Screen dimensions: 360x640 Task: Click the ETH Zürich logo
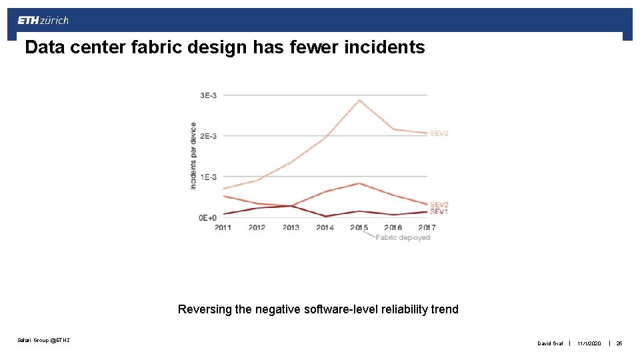click(43, 21)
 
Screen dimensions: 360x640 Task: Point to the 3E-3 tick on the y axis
click(208, 95)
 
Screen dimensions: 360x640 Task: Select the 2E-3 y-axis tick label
click(208, 136)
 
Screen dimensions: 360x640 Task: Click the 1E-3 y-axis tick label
click(208, 177)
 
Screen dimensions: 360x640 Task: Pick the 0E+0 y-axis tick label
click(207, 217)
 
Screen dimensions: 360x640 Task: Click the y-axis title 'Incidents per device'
click(193, 155)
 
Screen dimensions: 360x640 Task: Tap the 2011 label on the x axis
click(223, 227)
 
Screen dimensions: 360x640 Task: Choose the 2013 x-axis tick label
click(291, 227)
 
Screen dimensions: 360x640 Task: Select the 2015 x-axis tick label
click(359, 227)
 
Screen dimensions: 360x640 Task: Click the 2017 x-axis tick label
click(427, 227)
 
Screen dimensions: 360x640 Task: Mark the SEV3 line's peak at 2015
click(359, 101)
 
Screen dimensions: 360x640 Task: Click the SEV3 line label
click(439, 133)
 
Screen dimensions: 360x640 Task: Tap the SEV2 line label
click(439, 205)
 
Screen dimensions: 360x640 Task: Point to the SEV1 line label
click(439, 212)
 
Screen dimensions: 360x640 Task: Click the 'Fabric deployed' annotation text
click(403, 237)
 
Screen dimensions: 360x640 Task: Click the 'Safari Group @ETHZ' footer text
click(43, 341)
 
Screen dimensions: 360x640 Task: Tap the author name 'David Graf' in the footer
click(551, 343)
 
